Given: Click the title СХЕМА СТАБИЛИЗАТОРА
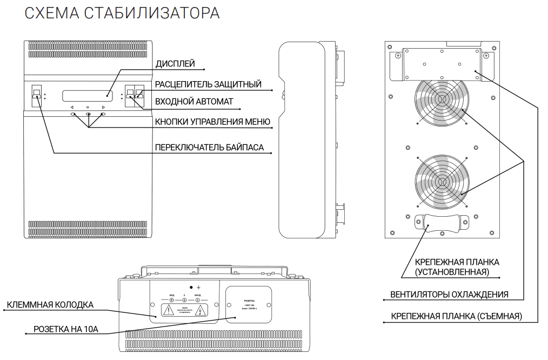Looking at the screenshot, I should coord(122,14).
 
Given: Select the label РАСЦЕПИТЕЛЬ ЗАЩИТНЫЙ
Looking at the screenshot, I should coord(208,84).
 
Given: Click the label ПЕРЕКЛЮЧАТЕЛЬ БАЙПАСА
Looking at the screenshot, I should coord(209,147).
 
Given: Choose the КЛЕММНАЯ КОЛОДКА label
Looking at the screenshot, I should coord(50,305).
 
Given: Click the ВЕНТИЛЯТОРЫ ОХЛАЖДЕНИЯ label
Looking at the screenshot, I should coord(449,295).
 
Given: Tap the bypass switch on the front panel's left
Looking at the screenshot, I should coord(37,95).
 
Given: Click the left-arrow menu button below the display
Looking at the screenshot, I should coord(72,115).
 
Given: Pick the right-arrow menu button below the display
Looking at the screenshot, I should coord(103,115).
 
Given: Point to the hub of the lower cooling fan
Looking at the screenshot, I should coord(442,181).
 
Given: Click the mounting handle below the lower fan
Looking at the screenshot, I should coord(442,222).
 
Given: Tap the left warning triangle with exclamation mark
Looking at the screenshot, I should coord(169,310).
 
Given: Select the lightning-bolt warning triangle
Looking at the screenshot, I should coord(201,310).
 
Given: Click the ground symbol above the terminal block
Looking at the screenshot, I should coord(198,286).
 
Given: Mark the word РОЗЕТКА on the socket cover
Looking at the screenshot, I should coord(248,301).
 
